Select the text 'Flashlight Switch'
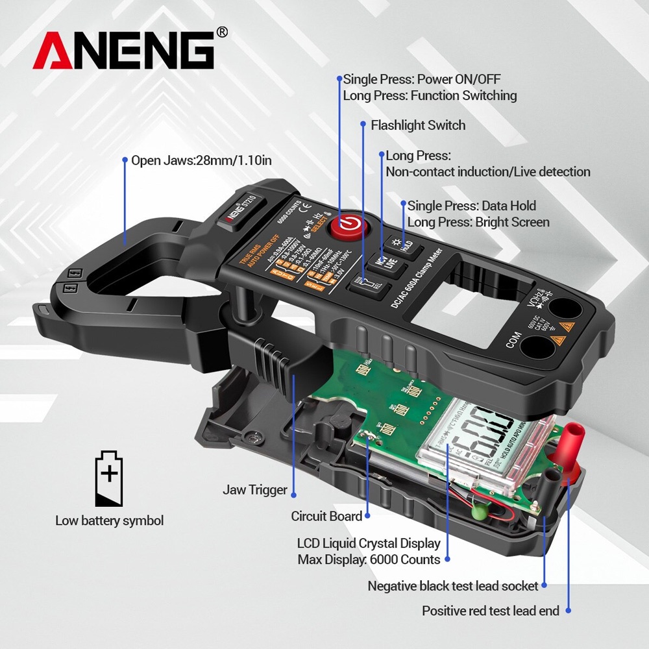tap(418, 125)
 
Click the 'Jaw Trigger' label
tap(254, 490)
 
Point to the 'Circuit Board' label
tap(326, 517)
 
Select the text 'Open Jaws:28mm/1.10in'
tap(201, 160)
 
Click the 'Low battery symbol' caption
tap(109, 520)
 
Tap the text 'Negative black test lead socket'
tap(453, 586)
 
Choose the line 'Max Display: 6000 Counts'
tap(369, 559)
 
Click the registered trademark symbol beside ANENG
tap(221, 32)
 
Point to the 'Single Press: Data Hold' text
tap(471, 206)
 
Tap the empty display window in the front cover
tap(454, 308)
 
